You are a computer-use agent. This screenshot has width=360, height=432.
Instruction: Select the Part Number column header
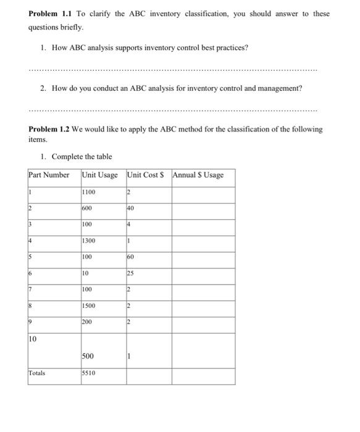click(x=49, y=175)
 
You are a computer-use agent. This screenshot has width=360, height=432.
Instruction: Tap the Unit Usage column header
click(x=99, y=175)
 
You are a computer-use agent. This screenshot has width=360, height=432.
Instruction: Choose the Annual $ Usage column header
click(x=198, y=175)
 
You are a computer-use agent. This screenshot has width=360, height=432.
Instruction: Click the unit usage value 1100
click(x=90, y=192)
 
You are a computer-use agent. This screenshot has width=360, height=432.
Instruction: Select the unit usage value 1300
click(x=90, y=240)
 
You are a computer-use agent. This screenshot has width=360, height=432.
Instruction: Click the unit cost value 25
click(x=132, y=272)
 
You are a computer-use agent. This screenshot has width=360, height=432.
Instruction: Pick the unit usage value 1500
click(x=90, y=305)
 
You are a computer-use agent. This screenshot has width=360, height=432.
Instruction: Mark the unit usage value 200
click(x=88, y=321)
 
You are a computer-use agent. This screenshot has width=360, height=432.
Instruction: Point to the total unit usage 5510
click(x=90, y=373)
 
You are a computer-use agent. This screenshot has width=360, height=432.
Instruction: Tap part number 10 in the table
click(x=34, y=338)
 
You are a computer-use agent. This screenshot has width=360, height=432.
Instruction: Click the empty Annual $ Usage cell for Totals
click(x=203, y=376)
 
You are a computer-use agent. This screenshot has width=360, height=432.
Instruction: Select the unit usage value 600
click(x=88, y=208)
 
